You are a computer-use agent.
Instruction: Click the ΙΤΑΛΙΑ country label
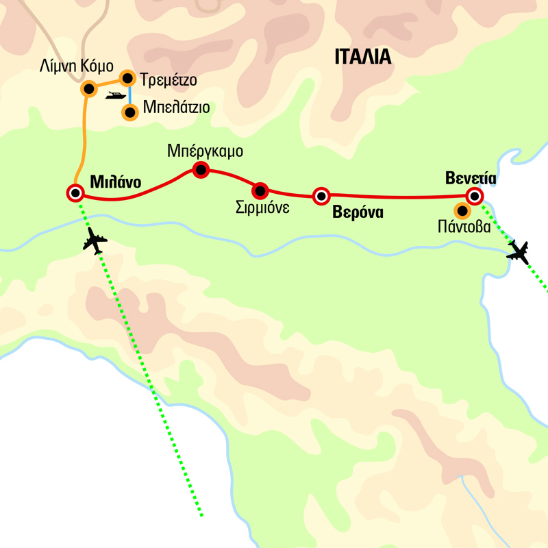(x=363, y=56)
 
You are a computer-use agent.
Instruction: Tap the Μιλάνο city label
(x=115, y=183)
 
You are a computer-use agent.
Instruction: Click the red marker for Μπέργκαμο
(x=200, y=170)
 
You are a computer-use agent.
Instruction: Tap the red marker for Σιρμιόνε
(x=259, y=190)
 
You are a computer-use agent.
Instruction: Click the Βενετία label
(x=470, y=178)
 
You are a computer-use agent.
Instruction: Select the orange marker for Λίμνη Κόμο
(x=88, y=89)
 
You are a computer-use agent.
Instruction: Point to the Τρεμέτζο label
(x=168, y=80)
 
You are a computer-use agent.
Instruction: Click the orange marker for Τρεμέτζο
(x=127, y=78)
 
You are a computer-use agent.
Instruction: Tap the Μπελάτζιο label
(x=176, y=108)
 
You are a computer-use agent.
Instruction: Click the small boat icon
(x=114, y=97)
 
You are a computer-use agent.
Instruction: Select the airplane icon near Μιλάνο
(x=95, y=241)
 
